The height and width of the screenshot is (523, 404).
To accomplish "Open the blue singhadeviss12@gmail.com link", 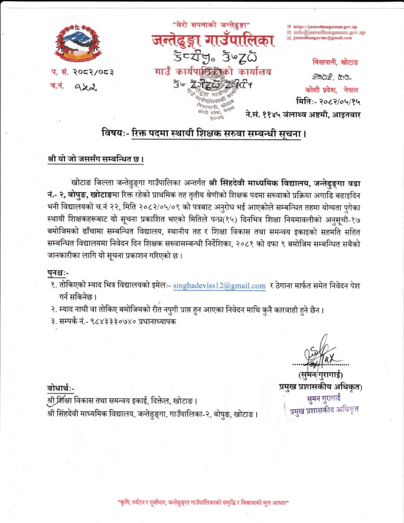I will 219,285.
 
